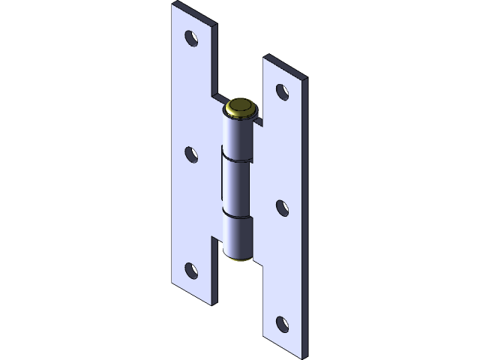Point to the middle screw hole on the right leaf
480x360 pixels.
282,208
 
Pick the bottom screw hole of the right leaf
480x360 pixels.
282,324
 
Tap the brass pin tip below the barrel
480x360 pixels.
241,259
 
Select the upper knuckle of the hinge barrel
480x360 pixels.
238,135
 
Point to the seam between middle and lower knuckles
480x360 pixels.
237,217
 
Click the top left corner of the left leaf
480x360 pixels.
173,5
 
